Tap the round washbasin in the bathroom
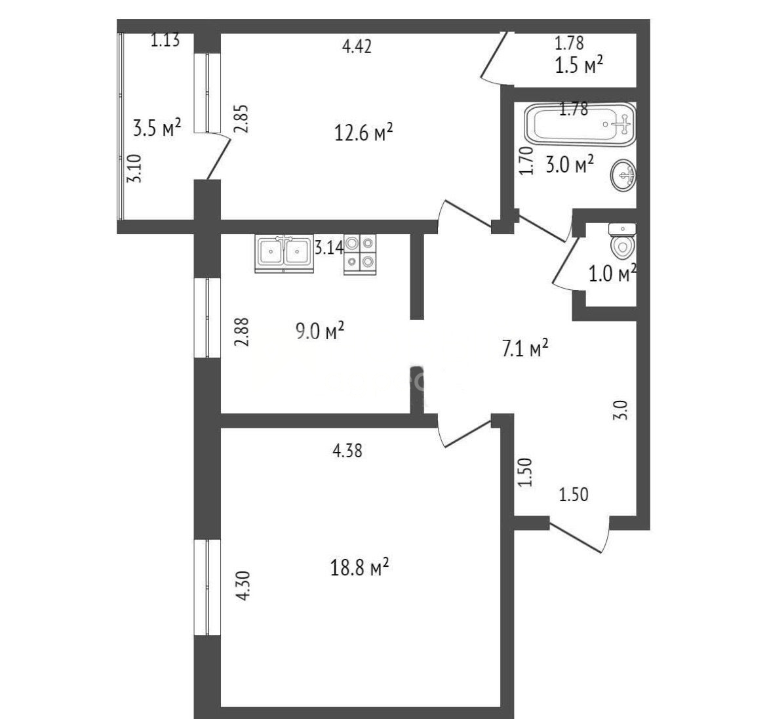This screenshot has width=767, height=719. (623, 175)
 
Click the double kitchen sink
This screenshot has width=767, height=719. (284, 253)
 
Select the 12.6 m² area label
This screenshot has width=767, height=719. (363, 132)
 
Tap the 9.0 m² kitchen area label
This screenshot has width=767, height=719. (319, 331)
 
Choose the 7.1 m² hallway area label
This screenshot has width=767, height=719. (525, 348)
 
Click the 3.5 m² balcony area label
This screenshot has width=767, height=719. (157, 128)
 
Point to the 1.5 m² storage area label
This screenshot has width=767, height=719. (579, 64)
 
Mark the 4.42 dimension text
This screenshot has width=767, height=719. (357, 46)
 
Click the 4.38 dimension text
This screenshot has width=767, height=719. (347, 450)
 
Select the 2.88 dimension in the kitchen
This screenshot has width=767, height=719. (242, 333)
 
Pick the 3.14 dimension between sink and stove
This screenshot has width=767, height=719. (328, 248)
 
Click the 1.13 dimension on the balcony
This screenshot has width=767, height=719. (165, 39)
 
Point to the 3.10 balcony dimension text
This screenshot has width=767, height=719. (134, 169)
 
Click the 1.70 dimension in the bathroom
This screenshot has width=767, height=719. (525, 161)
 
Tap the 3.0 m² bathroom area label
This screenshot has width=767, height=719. (570, 165)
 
